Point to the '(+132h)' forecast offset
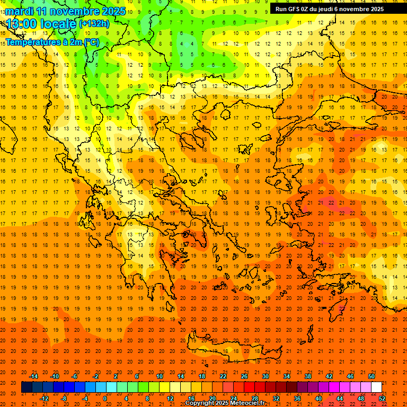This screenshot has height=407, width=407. pos(94,23)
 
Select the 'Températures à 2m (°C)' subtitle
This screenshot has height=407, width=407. pos(52,42)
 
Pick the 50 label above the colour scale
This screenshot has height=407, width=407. pos(371,376)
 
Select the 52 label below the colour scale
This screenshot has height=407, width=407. pos(382,398)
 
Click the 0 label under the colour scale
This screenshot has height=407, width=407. pos(105,398)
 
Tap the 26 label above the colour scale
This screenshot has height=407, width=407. pos(244,376)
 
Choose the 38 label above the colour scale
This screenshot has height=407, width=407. pos(308,376)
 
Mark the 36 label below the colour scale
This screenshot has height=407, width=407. pos(297,398)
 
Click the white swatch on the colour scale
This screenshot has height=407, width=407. pos(376,387)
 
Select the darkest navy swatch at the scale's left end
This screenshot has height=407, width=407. pos(26,387)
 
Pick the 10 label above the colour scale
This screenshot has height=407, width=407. pos(160,376)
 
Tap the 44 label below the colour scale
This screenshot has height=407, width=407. pos(340,398)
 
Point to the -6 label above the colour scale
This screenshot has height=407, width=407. pos(75,376)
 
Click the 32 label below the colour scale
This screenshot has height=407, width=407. pos(276,398)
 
